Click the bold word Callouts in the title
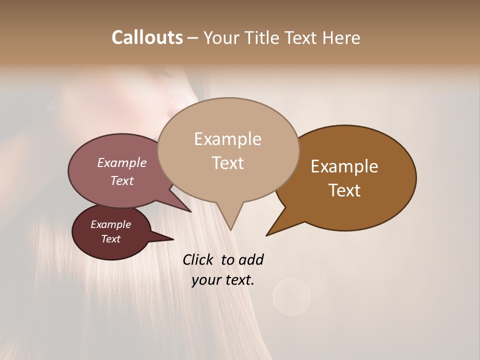[x=147, y=37]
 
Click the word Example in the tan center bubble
[x=227, y=139]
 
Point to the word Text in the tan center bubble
[x=227, y=163]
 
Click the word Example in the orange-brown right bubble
[x=344, y=166]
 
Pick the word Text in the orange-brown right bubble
[x=344, y=190]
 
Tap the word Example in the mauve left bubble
[x=121, y=162]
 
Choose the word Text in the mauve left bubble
[x=121, y=180]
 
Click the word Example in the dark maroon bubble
[x=110, y=224]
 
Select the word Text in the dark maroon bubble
[x=110, y=239]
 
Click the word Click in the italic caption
[x=199, y=259]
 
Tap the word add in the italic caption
[x=251, y=259]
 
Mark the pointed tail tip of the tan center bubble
[x=230, y=230]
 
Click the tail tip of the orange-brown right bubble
[x=266, y=235]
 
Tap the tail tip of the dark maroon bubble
[x=173, y=239]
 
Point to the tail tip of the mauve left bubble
[x=191, y=211]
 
